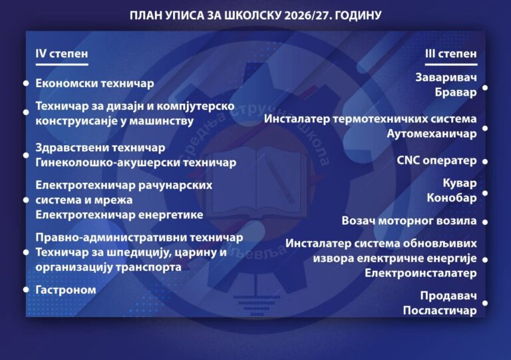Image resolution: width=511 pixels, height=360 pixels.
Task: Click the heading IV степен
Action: pyautogui.click(x=62, y=53)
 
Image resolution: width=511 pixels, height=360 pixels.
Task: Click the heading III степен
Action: pyautogui.click(x=450, y=53)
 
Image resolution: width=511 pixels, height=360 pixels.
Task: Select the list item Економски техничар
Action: pyautogui.click(x=94, y=83)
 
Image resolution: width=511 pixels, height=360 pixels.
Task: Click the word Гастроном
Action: pyautogui.click(x=66, y=289)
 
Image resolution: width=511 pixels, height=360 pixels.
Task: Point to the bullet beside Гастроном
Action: pyautogui.click(x=26, y=289)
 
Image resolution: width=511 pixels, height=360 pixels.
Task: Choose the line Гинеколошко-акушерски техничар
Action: pyautogui.click(x=136, y=162)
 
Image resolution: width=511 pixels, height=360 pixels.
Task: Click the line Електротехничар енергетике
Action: pyautogui.click(x=119, y=215)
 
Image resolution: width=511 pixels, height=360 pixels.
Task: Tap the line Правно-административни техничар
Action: pyautogui.click(x=139, y=238)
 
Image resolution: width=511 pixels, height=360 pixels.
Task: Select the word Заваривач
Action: pyautogui.click(x=446, y=78)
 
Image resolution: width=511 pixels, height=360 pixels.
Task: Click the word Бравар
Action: pyautogui.click(x=456, y=92)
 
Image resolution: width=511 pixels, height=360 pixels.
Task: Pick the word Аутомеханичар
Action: pyautogui.click(x=431, y=134)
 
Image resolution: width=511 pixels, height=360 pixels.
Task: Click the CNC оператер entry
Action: pyautogui.click(x=436, y=160)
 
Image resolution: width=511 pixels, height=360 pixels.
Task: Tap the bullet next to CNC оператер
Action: pyautogui.click(x=485, y=161)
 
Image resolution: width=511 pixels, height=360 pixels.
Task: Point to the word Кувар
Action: pyautogui.click(x=460, y=183)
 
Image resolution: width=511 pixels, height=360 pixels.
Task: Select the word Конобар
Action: pyautogui.click(x=452, y=198)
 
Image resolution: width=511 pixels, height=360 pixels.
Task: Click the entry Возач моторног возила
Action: pyautogui.click(x=409, y=221)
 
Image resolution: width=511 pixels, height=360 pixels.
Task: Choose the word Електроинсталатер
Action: pyautogui.click(x=421, y=273)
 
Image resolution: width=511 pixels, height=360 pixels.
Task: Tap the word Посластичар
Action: pyautogui.click(x=440, y=310)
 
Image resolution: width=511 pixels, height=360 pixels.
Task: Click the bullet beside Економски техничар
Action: pyautogui.click(x=26, y=83)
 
